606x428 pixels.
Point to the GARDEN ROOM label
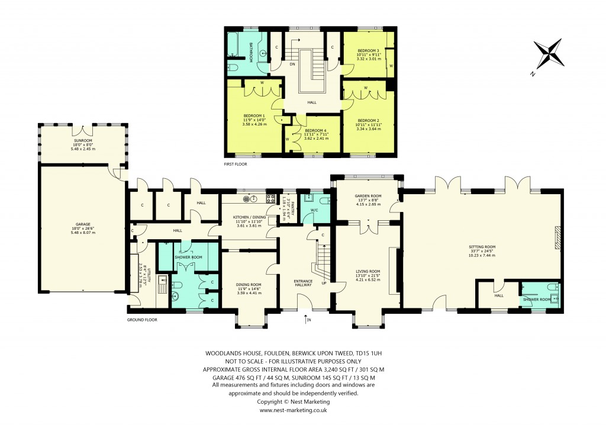(x=368, y=196)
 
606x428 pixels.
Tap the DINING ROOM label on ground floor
(x=249, y=284)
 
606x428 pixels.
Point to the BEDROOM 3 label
(x=368, y=50)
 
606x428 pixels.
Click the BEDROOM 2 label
(x=368, y=120)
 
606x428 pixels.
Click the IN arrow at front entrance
(x=307, y=320)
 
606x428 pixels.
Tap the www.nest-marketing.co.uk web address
(x=294, y=410)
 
